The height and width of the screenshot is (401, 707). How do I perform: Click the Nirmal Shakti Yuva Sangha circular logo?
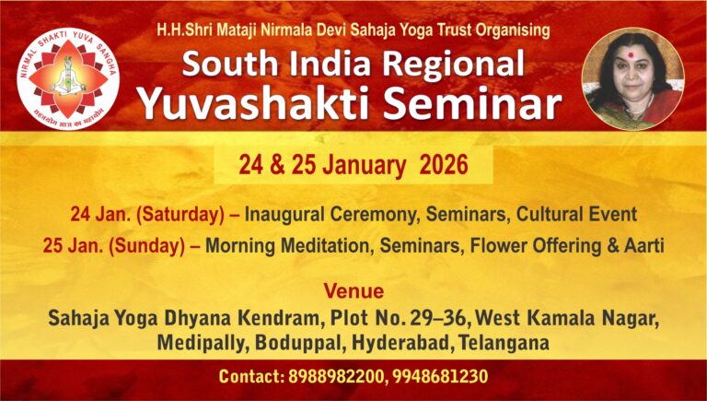click(69, 78)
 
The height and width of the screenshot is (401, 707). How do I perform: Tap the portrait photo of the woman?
click(632, 77)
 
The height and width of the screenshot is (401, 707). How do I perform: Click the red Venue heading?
click(353, 292)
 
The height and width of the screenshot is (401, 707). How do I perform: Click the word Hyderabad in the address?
click(415, 343)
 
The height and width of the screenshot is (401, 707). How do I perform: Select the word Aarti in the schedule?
click(643, 246)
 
